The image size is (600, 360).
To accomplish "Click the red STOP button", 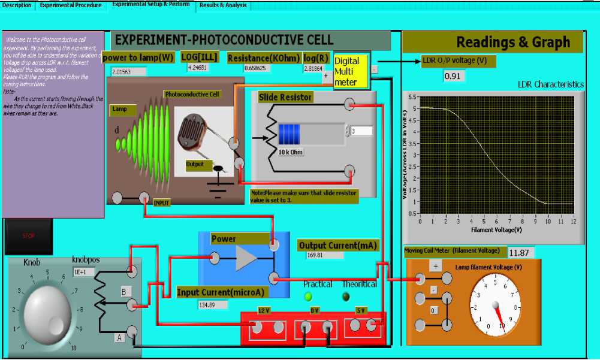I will coord(28,236).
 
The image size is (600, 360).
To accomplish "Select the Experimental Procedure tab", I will coord(72,5).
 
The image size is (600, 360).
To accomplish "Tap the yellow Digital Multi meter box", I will coord(350,71).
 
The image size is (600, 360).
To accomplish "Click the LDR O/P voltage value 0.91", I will coord(453,76).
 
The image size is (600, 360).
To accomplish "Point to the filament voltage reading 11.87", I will coord(520,253).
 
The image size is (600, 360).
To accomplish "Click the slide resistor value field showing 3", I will coord(361,131).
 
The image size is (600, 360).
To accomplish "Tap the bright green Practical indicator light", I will coord(309,296).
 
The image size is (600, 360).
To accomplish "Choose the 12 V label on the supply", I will coord(264,310).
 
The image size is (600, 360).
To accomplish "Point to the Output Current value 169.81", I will coord(324,255).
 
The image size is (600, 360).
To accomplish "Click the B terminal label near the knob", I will coord(123,292).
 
